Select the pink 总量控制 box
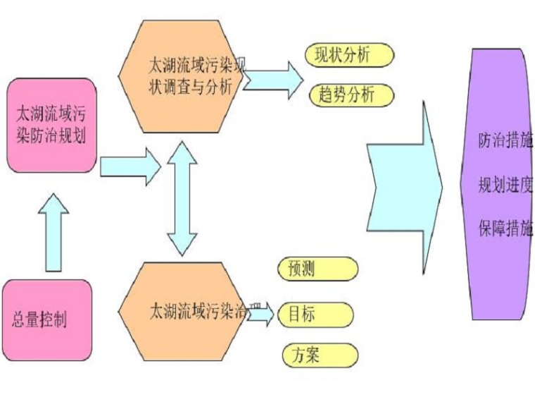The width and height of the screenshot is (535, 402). [x=47, y=320]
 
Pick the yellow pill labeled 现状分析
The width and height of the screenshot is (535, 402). [x=349, y=55]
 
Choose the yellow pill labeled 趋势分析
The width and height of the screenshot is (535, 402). [x=349, y=95]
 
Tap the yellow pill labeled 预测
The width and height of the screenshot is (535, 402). [x=318, y=269]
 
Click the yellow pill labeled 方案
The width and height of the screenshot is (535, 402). [x=319, y=355]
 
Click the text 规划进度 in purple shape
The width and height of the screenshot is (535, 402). [x=505, y=186]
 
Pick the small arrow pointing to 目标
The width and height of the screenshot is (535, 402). [x=260, y=315]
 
